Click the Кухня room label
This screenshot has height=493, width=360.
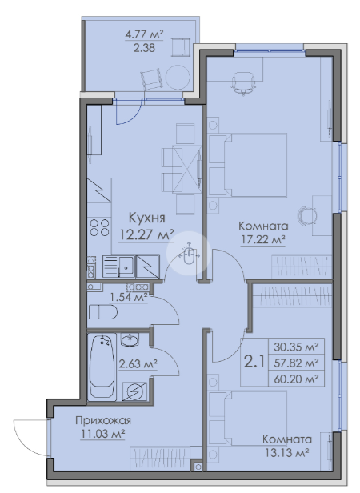click(x=147, y=218)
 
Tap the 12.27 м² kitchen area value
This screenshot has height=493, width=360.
click(x=146, y=234)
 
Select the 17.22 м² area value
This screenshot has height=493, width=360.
click(x=263, y=240)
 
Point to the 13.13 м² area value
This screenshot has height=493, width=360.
click(x=286, y=453)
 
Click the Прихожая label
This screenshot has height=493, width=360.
click(x=103, y=420)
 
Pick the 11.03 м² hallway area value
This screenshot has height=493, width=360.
click(x=103, y=435)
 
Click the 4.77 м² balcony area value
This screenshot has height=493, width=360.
click(x=144, y=34)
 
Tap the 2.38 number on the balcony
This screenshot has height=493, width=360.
click(x=144, y=48)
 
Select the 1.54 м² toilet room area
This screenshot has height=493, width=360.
click(x=129, y=297)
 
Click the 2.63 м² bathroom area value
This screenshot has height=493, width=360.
click(x=138, y=364)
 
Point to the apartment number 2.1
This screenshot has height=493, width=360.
click(x=254, y=362)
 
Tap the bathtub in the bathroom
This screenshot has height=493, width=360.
click(x=102, y=367)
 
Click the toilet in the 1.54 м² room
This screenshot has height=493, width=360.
click(x=103, y=312)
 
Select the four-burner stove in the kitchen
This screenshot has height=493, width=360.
click(x=99, y=228)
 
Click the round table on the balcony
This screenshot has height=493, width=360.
click(x=178, y=78)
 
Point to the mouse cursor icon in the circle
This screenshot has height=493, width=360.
click(x=189, y=255)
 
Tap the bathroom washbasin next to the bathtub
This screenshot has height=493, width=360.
click(x=130, y=340)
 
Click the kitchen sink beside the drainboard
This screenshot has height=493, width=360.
click(x=126, y=267)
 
